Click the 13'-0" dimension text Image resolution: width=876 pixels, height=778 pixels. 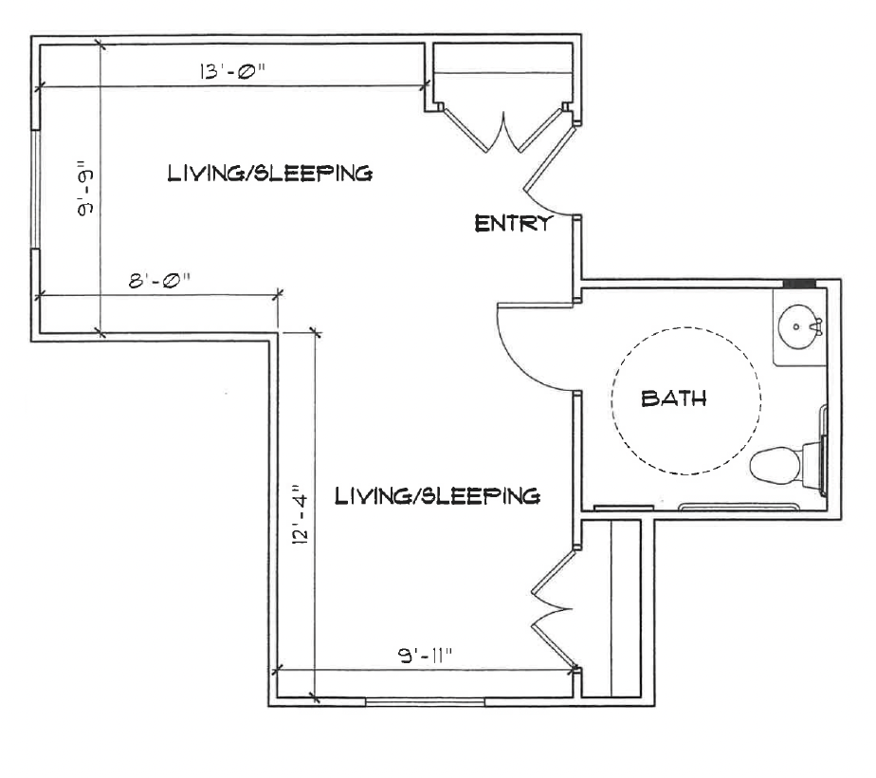[x=232, y=71]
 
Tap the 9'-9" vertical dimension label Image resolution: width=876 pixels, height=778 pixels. [x=86, y=190]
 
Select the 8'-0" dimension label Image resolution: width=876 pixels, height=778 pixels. [x=160, y=280]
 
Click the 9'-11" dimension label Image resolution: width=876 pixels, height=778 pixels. [x=425, y=655]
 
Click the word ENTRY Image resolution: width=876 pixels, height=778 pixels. [x=512, y=224]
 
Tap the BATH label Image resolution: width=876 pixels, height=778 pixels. [x=674, y=398]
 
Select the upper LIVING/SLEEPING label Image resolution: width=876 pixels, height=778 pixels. [x=270, y=173]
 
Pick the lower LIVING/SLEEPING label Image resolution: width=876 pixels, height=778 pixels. [x=437, y=496]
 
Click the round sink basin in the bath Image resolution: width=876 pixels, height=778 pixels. [x=799, y=327]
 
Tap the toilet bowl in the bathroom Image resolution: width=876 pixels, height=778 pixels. [x=776, y=465]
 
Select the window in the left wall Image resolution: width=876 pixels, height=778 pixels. [x=35, y=190]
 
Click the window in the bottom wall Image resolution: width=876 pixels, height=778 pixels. [x=425, y=702]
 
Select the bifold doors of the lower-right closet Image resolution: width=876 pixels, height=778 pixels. [x=553, y=609]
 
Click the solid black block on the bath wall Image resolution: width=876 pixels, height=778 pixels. [x=799, y=284]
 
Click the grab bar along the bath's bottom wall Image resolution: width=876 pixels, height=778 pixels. [x=739, y=507]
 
